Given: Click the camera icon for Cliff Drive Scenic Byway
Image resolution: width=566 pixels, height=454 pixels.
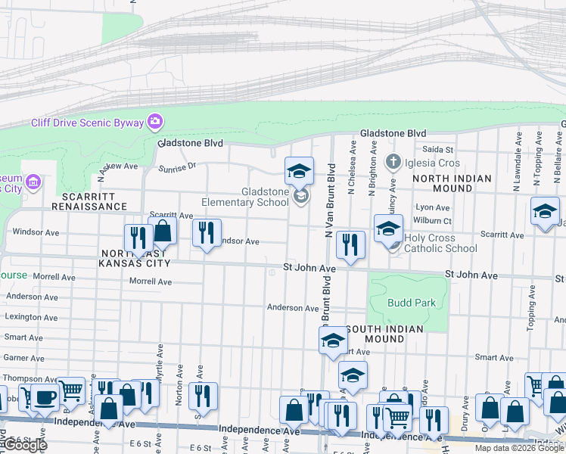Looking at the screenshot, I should tap(155, 122).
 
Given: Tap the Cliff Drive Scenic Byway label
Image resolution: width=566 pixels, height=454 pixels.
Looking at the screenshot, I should tap(89, 123).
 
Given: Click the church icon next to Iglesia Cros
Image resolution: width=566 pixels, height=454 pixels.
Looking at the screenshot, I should tap(393, 162).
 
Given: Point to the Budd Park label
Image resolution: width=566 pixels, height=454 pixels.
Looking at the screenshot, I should tap(412, 303).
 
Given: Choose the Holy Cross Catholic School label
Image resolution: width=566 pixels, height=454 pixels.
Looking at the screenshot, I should tap(440, 243).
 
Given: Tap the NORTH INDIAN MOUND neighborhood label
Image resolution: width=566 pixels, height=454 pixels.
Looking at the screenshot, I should tap(452, 183).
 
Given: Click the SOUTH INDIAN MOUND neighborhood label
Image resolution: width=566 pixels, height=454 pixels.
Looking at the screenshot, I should tap(386, 334).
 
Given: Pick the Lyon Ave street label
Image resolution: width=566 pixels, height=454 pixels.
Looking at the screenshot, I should tap(433, 207).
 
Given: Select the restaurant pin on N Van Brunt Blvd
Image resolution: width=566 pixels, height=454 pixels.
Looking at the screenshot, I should tap(350, 244).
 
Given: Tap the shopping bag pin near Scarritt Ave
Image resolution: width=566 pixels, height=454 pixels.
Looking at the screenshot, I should tap(162, 230).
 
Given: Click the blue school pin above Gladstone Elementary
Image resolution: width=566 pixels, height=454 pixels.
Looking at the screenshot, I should tap(299, 171).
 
